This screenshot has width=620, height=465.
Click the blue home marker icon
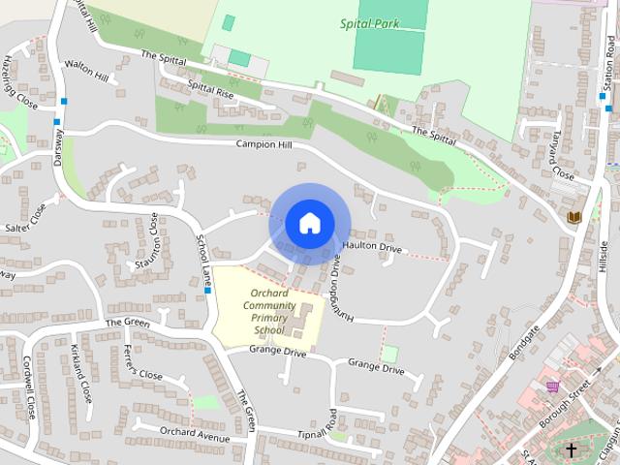coord(309,224)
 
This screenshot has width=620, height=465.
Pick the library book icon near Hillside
coord(574,217)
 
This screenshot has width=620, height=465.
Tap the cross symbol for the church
coord(572,449)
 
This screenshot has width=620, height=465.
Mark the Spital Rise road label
coord(210,91)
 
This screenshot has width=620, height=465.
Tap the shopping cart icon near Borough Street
coord(553,385)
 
